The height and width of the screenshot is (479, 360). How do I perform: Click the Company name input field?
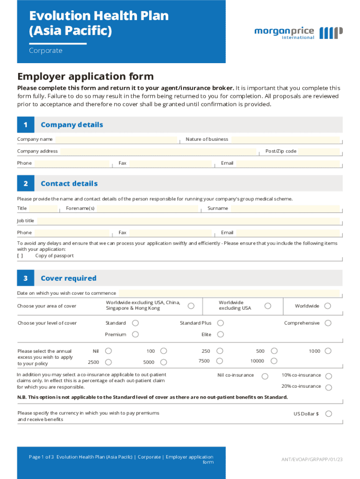pyautogui.click(x=117, y=139)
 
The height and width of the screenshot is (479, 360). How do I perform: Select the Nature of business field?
pyautogui.click(x=286, y=139)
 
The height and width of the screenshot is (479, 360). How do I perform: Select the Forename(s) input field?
pyautogui.click(x=147, y=209)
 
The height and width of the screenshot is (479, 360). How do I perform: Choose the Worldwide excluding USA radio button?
pyautogui.click(x=267, y=306)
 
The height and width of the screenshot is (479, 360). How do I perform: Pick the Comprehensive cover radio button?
pyautogui.click(x=328, y=323)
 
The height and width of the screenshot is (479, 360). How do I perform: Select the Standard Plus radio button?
pyautogui.click(x=221, y=323)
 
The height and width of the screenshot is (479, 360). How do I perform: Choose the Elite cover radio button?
pyautogui.click(x=221, y=334)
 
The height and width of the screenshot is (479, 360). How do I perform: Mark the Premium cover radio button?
pyautogui.click(x=135, y=334)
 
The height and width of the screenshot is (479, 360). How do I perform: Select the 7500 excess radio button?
pyautogui.click(x=220, y=361)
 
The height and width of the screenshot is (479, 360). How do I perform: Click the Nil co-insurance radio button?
pyautogui.click(x=265, y=376)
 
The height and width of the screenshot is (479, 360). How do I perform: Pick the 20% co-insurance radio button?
pyautogui.click(x=328, y=387)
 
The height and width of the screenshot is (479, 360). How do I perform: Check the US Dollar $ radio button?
pyautogui.click(x=328, y=414)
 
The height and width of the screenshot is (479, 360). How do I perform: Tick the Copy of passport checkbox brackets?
pyautogui.click(x=20, y=256)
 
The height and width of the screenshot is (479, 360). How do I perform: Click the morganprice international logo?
pyautogui.click(x=298, y=33)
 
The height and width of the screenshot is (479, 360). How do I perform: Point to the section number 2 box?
pyautogui.click(x=26, y=184)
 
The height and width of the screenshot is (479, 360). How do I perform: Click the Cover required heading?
pyautogui.click(x=68, y=278)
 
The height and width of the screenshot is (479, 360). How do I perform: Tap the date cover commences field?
pyautogui.click(x=228, y=293)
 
